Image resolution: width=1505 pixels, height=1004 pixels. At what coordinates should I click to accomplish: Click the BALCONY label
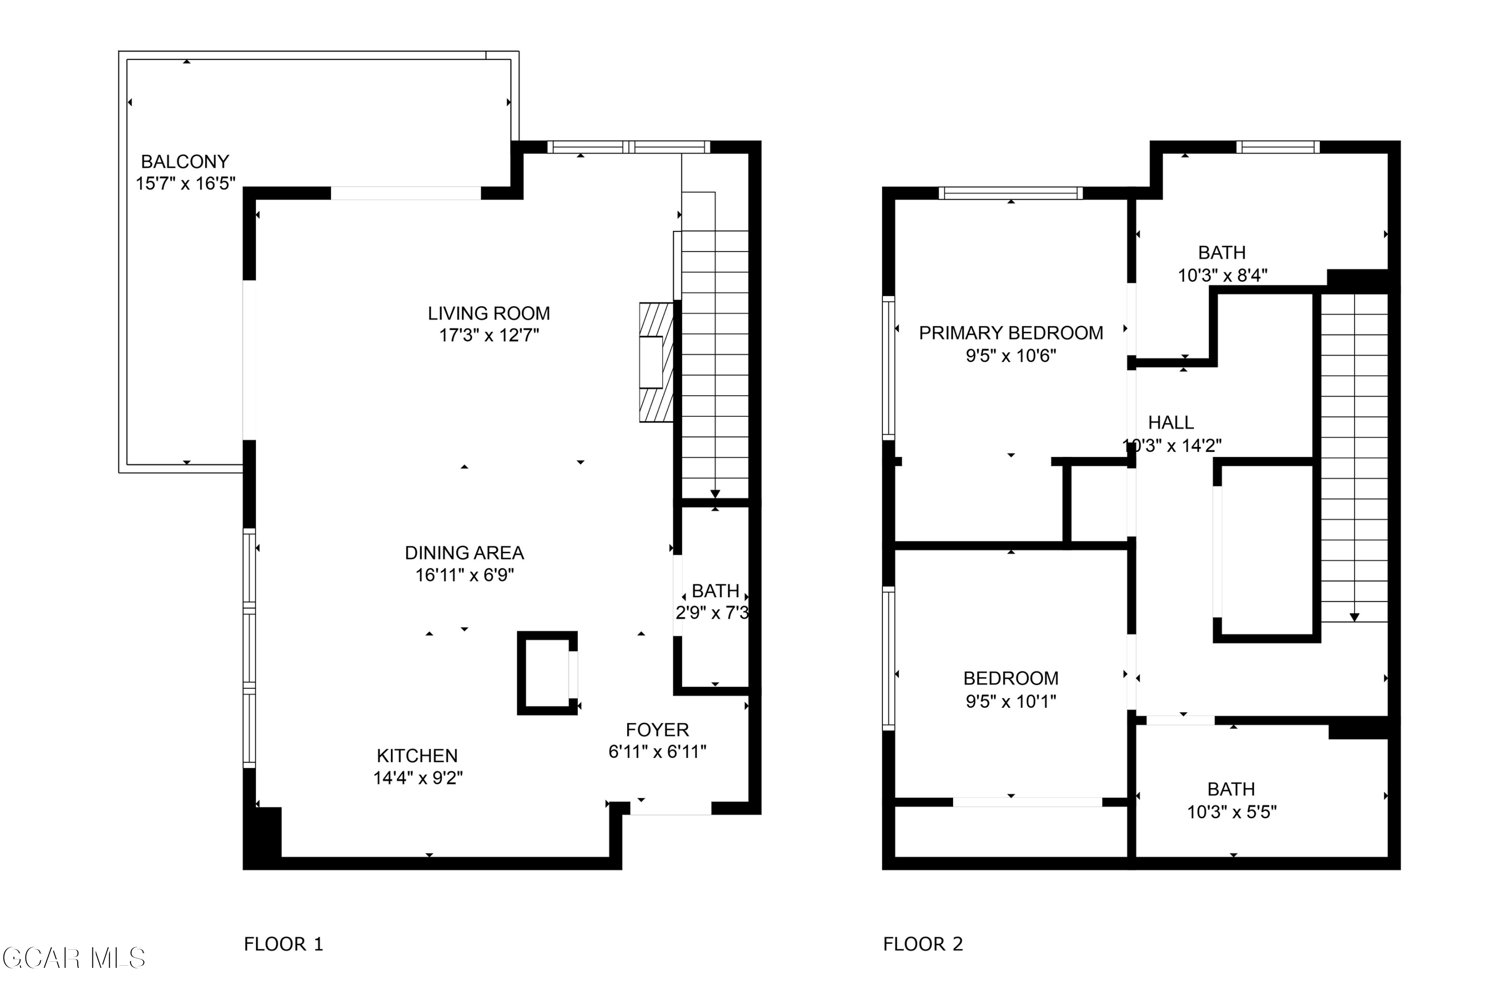[185, 161]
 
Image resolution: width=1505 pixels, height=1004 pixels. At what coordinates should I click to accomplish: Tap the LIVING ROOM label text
[489, 313]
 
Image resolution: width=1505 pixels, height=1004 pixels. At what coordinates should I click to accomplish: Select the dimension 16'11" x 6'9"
[465, 575]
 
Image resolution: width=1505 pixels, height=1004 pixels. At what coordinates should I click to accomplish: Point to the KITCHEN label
[417, 756]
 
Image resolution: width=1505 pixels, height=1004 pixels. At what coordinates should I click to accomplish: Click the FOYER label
[657, 730]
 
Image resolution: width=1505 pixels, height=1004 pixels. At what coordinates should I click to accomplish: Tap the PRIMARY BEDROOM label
[1011, 333]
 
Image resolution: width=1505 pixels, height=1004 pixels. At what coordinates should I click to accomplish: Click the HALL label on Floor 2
[1171, 423]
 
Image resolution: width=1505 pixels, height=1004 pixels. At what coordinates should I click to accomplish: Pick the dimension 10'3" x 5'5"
[1232, 812]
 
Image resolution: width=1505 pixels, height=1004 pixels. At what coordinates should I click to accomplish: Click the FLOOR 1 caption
[283, 944]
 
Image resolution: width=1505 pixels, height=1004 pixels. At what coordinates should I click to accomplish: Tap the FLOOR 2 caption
[923, 944]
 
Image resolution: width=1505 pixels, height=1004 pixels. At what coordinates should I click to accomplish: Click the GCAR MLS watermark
[74, 958]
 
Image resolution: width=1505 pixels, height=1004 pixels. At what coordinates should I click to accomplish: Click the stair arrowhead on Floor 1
[715, 493]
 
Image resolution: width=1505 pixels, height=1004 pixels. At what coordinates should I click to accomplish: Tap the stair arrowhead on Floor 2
[1354, 617]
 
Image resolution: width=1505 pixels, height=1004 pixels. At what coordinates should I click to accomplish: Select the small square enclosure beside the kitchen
[548, 673]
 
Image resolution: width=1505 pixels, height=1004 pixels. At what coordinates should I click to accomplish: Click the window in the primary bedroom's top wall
[1011, 193]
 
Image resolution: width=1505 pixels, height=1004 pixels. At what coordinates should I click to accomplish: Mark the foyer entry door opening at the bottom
[671, 808]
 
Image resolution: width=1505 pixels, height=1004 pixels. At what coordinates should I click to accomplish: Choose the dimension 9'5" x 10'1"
[1011, 701]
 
